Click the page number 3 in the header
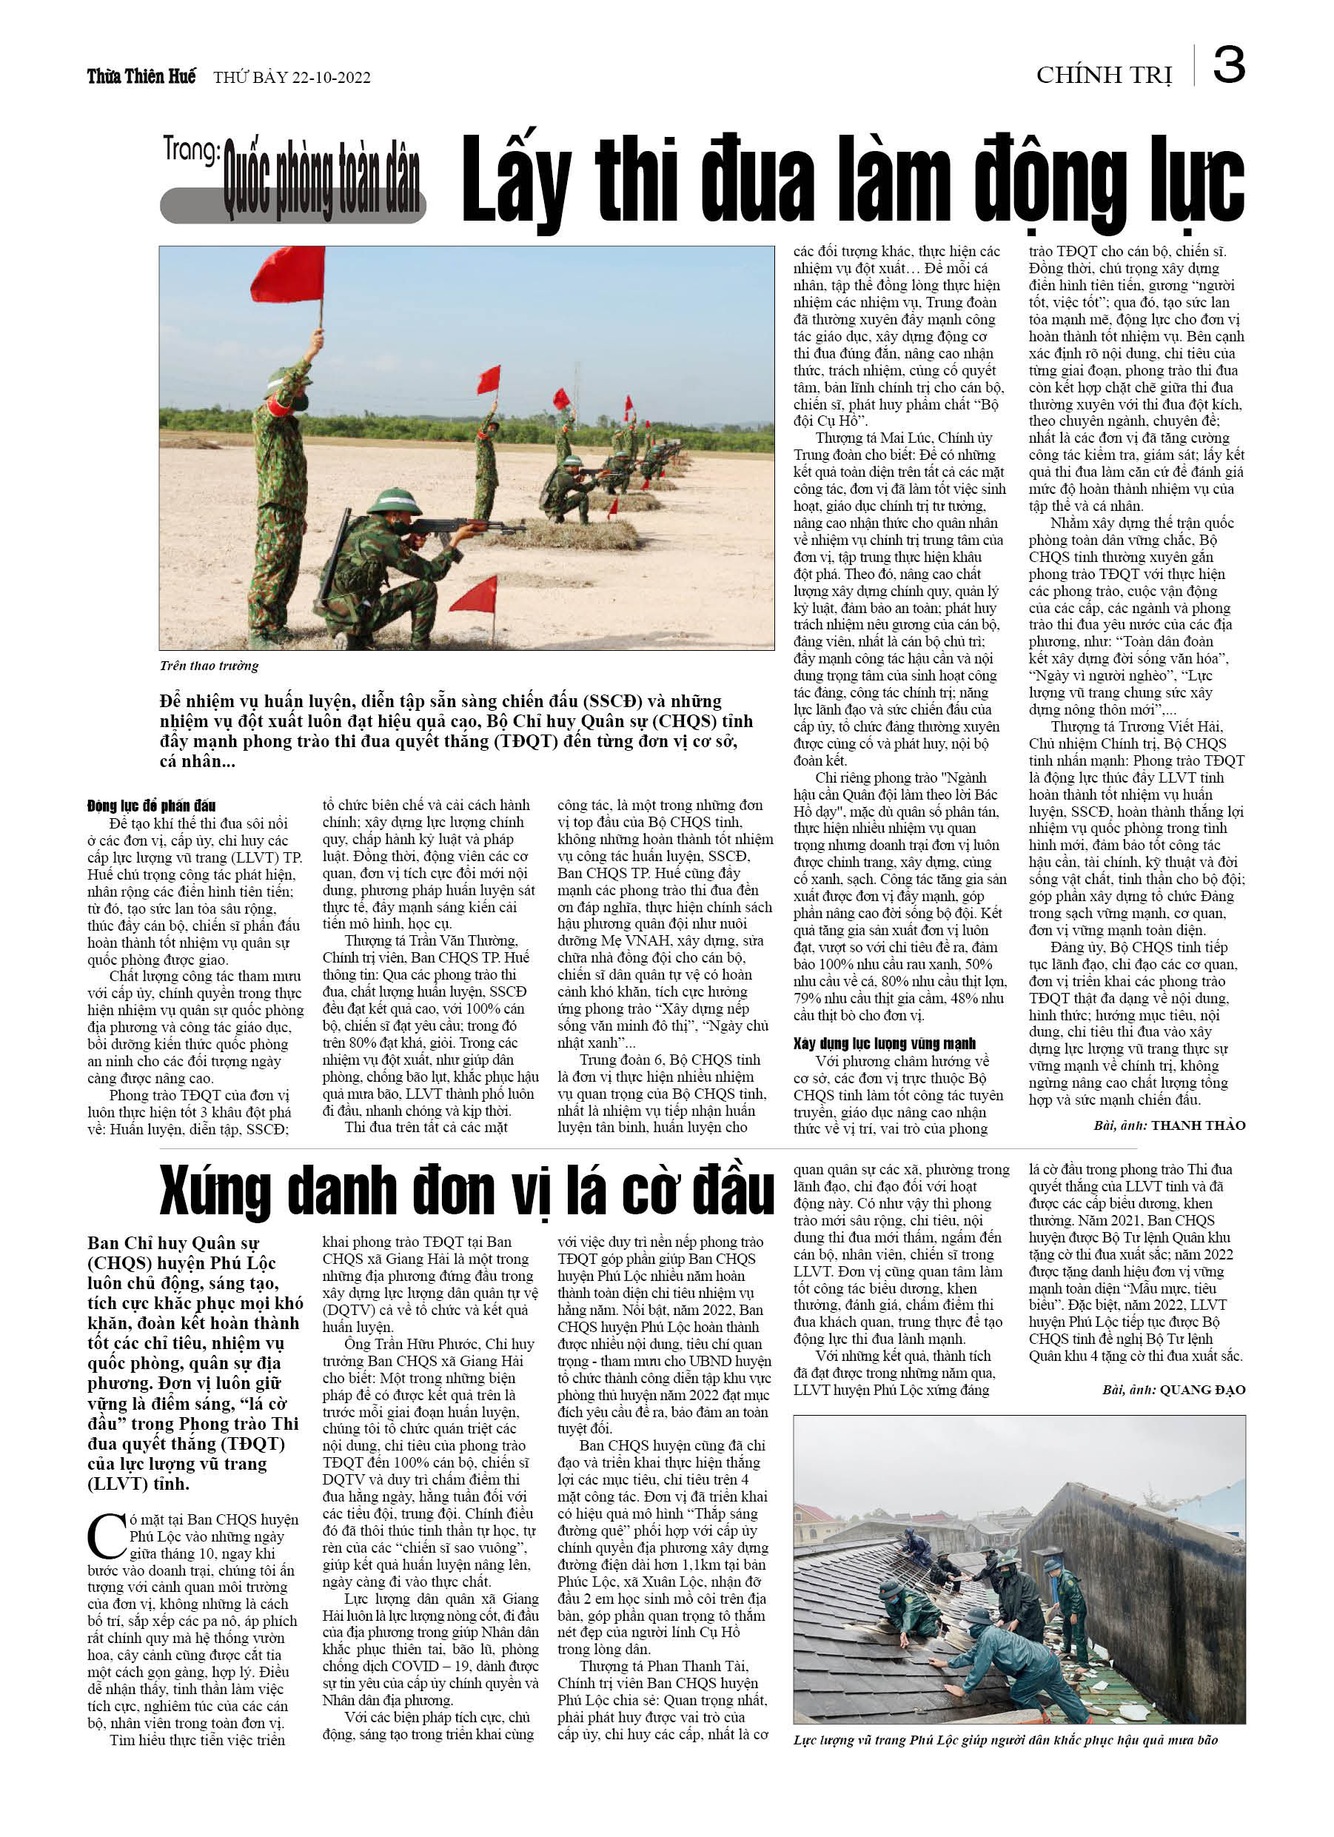[1229, 66]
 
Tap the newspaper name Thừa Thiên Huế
[141, 77]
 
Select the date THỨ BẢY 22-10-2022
[292, 78]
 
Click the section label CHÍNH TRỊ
[1104, 76]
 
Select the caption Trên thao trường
[209, 666]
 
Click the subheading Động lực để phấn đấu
[152, 805]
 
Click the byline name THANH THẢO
[1198, 1125]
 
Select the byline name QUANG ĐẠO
[1202, 1390]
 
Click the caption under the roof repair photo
[1005, 1740]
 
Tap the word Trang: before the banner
[191, 150]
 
